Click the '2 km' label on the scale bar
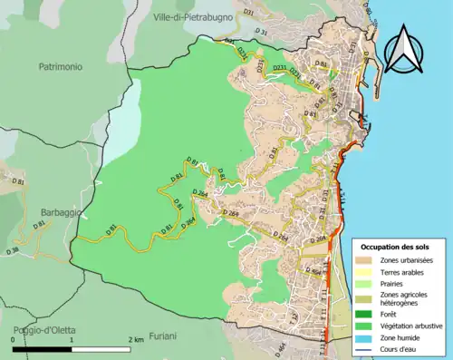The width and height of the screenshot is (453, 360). [x=136, y=340]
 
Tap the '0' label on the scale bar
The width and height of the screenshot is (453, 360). [x=13, y=340]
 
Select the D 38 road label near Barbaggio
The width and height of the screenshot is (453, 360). [x=12, y=249]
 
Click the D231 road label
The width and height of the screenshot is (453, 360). [x=280, y=68]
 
